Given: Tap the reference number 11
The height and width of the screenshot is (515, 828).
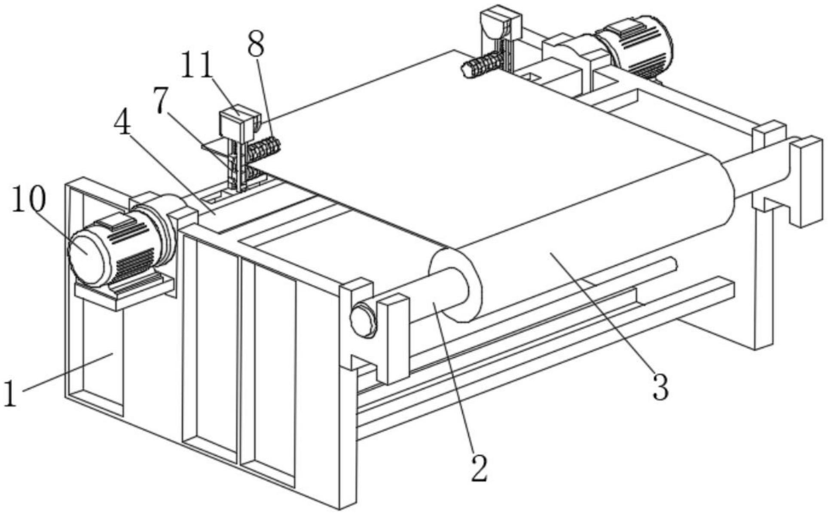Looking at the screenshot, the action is point(197,65).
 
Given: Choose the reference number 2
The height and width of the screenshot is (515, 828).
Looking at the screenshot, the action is point(479,467).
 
